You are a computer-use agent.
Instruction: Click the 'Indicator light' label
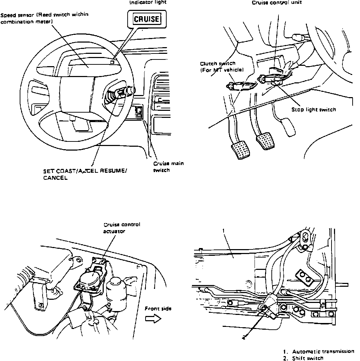[148, 2]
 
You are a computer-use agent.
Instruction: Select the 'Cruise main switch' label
[168, 167]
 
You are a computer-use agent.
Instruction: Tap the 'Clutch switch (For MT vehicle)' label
[221, 66]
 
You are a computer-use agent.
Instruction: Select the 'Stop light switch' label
[314, 109]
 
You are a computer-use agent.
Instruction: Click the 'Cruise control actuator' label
[122, 228]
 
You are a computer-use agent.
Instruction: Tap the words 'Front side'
[158, 309]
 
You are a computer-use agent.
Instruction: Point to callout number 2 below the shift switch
[244, 337]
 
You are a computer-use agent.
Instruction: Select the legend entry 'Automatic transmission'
[323, 351]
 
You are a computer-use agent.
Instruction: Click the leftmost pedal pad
[240, 150]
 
